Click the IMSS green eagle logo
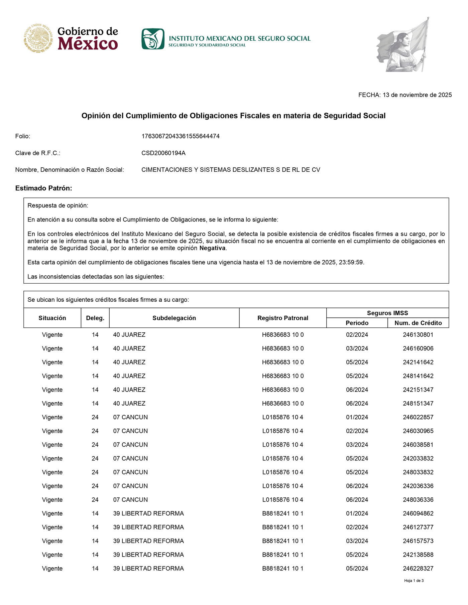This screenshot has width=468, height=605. click(x=153, y=39)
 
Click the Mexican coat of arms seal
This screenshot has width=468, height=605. click(x=38, y=38)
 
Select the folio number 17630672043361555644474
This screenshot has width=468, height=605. click(x=181, y=136)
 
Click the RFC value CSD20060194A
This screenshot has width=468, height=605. click(x=163, y=153)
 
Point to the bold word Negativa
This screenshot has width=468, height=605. click(x=213, y=248)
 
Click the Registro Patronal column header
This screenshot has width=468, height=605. click(x=283, y=318)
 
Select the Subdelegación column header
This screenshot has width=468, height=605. click(x=174, y=318)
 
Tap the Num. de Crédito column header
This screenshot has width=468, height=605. click(x=418, y=323)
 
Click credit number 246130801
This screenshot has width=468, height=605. click(x=418, y=335)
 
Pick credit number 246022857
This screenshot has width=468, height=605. click(x=418, y=417)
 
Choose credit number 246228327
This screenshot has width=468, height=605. click(x=418, y=568)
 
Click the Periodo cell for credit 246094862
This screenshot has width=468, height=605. click(x=357, y=513)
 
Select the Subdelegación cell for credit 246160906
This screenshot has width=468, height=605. click(x=129, y=348)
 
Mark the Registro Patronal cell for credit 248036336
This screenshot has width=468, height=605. click(x=283, y=500)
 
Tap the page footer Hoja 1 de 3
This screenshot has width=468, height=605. click(x=414, y=581)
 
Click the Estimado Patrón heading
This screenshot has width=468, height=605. click(x=44, y=188)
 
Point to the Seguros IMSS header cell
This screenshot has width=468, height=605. click(x=387, y=313)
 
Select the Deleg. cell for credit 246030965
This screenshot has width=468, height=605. click(x=95, y=431)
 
